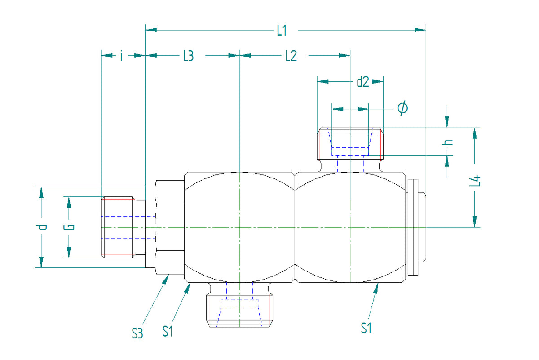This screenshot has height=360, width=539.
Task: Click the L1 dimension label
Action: click(282, 31)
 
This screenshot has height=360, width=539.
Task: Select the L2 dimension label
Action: click(291, 56)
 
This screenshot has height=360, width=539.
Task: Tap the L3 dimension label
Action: click(188, 56)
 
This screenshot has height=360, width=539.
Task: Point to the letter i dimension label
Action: click(122, 56)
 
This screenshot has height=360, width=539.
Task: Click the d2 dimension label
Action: click(362, 82)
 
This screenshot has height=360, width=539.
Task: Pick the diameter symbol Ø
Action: click(402, 107)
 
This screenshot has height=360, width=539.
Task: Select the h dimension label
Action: click(447, 142)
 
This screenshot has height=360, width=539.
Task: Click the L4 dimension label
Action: click(475, 181)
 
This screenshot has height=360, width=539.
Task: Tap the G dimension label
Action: click(69, 227)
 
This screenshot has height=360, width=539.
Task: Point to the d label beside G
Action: click(41, 227)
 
